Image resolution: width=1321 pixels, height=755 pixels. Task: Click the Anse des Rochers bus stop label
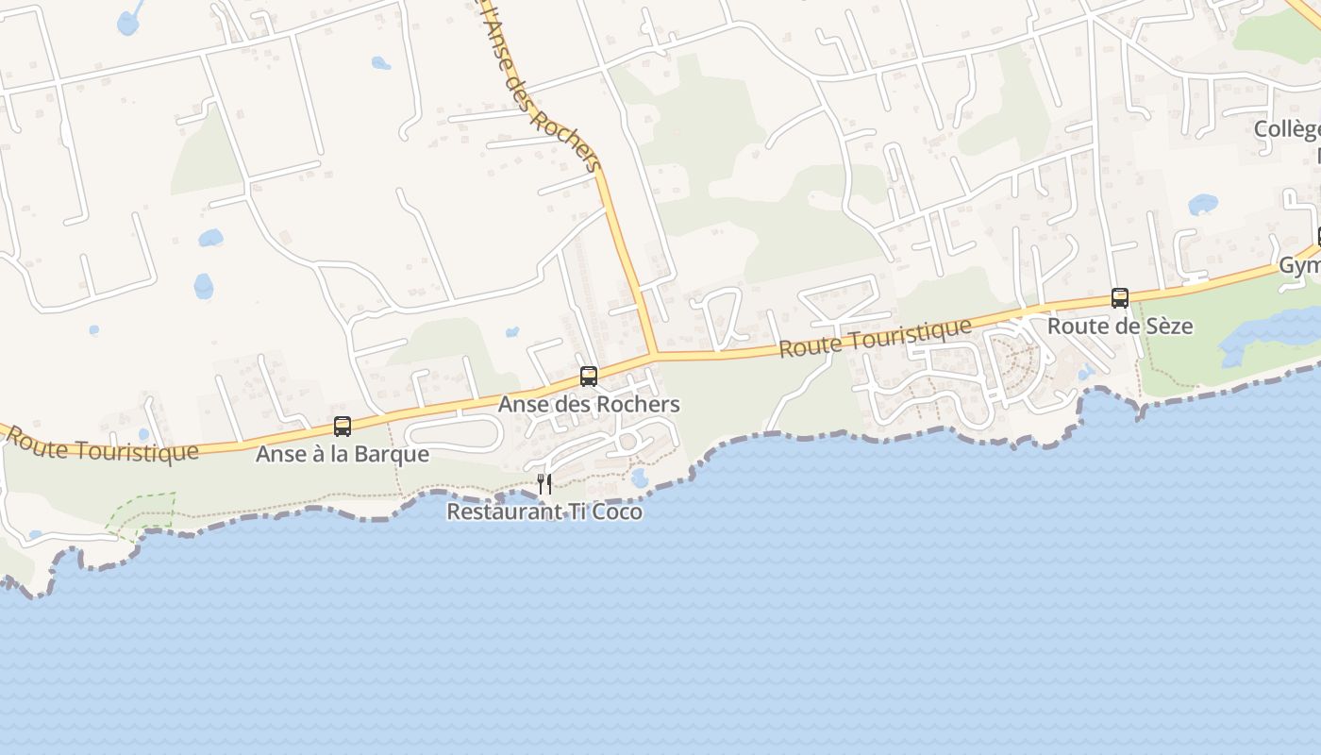pyautogui.click(x=589, y=405)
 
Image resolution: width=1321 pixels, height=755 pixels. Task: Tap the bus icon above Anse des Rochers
pyautogui.click(x=589, y=377)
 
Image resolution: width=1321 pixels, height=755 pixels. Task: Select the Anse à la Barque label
pyautogui.click(x=343, y=455)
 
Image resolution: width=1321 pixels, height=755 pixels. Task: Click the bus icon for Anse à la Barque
pyautogui.click(x=343, y=427)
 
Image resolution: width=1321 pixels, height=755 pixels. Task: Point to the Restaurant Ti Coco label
pyautogui.click(x=544, y=512)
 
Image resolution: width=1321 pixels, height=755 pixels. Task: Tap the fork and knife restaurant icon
pyautogui.click(x=544, y=484)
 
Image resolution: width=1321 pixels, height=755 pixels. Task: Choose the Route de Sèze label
pyautogui.click(x=1120, y=327)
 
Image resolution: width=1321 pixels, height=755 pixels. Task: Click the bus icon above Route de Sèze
pyautogui.click(x=1120, y=298)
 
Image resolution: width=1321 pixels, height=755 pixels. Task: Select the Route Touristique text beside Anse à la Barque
pyautogui.click(x=104, y=445)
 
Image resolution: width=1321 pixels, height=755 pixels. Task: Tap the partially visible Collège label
pyautogui.click(x=1287, y=130)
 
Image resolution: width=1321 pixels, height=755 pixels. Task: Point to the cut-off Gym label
pyautogui.click(x=1299, y=266)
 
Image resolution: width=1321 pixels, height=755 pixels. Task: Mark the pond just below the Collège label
pyautogui.click(x=1203, y=204)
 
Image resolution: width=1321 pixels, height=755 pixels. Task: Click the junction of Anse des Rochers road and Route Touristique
pyautogui.click(x=653, y=356)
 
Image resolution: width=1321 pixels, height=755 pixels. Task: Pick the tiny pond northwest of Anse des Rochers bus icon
pyautogui.click(x=511, y=332)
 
